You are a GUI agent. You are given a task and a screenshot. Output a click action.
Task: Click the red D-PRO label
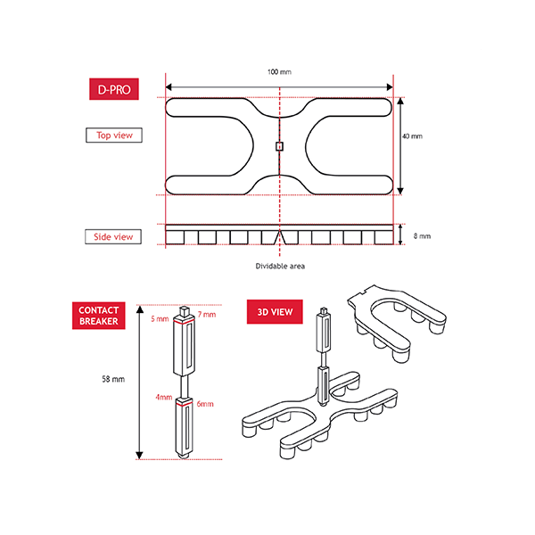114,89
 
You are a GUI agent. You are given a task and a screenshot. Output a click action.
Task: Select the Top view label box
114,136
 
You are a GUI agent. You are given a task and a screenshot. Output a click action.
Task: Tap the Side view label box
113,237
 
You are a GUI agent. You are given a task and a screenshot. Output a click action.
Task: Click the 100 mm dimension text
279,72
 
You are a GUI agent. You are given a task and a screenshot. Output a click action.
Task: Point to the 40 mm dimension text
412,136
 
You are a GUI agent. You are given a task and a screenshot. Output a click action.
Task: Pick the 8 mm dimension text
422,236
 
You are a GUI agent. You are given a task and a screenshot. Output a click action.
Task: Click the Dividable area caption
280,266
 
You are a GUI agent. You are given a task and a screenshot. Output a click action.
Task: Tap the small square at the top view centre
279,146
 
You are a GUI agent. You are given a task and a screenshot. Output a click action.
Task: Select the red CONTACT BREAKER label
99,316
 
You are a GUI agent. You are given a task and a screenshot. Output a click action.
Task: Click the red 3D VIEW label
275,312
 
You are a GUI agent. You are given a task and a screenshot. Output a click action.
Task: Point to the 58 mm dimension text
113,379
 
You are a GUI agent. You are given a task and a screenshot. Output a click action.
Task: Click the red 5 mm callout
160,319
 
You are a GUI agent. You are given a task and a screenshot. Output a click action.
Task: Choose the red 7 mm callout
207,315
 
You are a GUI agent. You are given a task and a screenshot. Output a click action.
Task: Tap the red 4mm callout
164,397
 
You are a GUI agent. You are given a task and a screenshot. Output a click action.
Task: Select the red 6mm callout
205,404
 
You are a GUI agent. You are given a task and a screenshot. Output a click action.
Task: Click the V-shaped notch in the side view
280,237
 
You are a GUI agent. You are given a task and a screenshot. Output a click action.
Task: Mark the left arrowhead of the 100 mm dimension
169,87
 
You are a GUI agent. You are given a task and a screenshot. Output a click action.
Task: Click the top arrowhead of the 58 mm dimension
140,309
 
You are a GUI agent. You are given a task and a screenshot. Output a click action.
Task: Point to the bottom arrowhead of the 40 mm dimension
400,191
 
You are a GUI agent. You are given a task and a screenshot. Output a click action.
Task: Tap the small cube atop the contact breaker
184,311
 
